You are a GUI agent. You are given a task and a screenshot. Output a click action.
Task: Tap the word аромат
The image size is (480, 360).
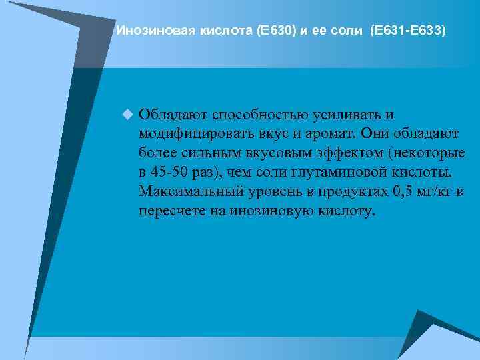click(326, 133)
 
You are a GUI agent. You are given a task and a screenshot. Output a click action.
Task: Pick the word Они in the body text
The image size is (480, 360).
click(377, 133)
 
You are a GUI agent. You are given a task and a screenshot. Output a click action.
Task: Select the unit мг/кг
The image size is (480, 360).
click(441, 191)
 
